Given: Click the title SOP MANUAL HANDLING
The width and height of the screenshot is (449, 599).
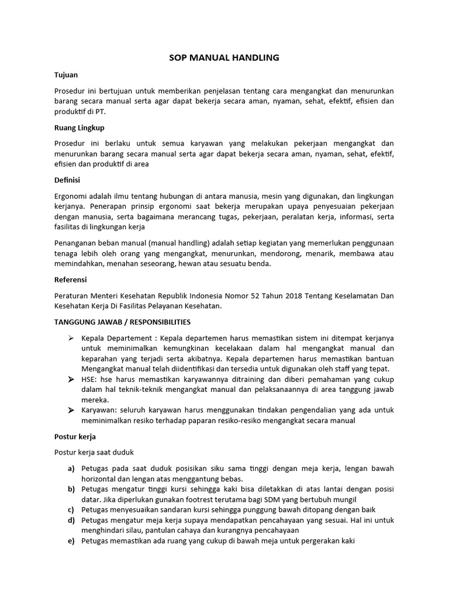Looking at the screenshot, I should (x=224, y=57).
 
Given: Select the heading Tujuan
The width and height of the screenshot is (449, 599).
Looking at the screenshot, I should (x=66, y=75).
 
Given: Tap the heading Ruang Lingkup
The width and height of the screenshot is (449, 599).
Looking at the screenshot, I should (x=79, y=128).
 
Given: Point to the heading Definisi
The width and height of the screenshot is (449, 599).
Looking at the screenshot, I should (x=67, y=180).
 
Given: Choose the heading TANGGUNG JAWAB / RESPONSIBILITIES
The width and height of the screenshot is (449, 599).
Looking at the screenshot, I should (x=122, y=322).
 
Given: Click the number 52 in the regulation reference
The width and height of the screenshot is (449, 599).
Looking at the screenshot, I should (x=258, y=296).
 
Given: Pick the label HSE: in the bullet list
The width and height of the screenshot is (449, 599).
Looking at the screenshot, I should (x=90, y=379).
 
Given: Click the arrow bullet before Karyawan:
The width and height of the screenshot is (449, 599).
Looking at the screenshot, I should (x=71, y=411).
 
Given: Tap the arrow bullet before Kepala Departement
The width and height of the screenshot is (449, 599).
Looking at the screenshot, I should (x=71, y=339).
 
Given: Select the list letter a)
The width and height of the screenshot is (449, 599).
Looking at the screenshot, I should (x=71, y=468).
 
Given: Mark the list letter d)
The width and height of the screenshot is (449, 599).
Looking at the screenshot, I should (x=71, y=519).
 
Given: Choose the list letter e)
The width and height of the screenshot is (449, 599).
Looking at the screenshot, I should (x=71, y=541).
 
